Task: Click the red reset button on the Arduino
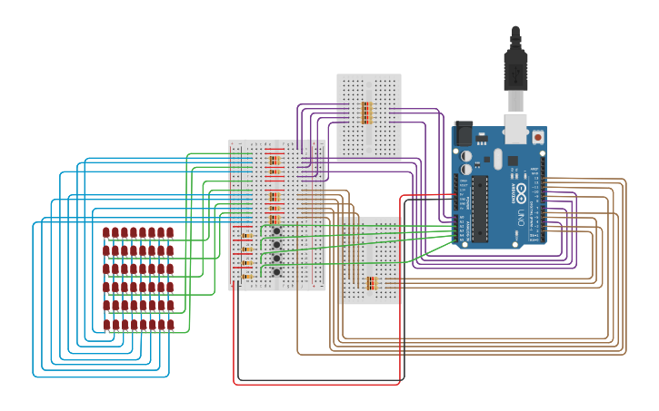pyautogui.click(x=537, y=137)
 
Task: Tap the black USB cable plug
pyautogui.click(x=515, y=69)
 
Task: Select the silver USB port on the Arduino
pyautogui.click(x=515, y=129)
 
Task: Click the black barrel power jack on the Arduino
pyautogui.click(x=463, y=134)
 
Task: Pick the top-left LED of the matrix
pyautogui.click(x=106, y=233)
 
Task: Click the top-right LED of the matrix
pyautogui.click(x=170, y=233)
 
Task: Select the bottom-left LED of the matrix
pyautogui.click(x=106, y=324)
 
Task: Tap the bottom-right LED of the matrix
pyautogui.click(x=170, y=324)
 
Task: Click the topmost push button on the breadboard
pyautogui.click(x=276, y=231)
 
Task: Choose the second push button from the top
pyautogui.click(x=276, y=245)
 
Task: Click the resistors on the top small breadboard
pyautogui.click(x=366, y=113)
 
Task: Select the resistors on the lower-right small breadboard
pyautogui.click(x=371, y=283)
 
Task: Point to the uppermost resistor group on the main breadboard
pyautogui.click(x=275, y=161)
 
